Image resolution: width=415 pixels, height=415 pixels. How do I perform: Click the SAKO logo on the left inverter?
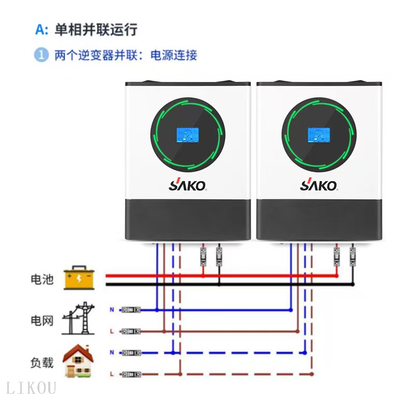(187, 185)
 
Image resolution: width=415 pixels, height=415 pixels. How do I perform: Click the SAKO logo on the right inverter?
(319, 185)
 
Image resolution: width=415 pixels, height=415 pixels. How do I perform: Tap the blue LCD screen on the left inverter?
(187, 135)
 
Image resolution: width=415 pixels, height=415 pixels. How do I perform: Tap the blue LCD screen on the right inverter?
(319, 135)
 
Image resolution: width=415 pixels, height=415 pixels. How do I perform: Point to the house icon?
(78, 361)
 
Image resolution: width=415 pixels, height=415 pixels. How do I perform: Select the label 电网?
(41, 320)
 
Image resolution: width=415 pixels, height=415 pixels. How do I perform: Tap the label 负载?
(41, 362)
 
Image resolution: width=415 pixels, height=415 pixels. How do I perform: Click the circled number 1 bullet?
(41, 55)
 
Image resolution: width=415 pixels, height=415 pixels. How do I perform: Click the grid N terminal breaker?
(131, 310)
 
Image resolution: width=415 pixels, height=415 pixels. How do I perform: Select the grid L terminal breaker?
(131, 330)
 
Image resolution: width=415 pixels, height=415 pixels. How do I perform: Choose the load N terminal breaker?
(131, 352)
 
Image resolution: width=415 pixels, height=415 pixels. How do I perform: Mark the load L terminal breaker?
(131, 374)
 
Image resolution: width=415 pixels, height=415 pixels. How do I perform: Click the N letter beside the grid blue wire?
(112, 310)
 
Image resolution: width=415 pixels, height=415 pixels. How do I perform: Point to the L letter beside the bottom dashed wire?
(112, 374)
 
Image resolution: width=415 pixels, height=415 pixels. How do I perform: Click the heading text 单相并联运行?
(96, 30)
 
